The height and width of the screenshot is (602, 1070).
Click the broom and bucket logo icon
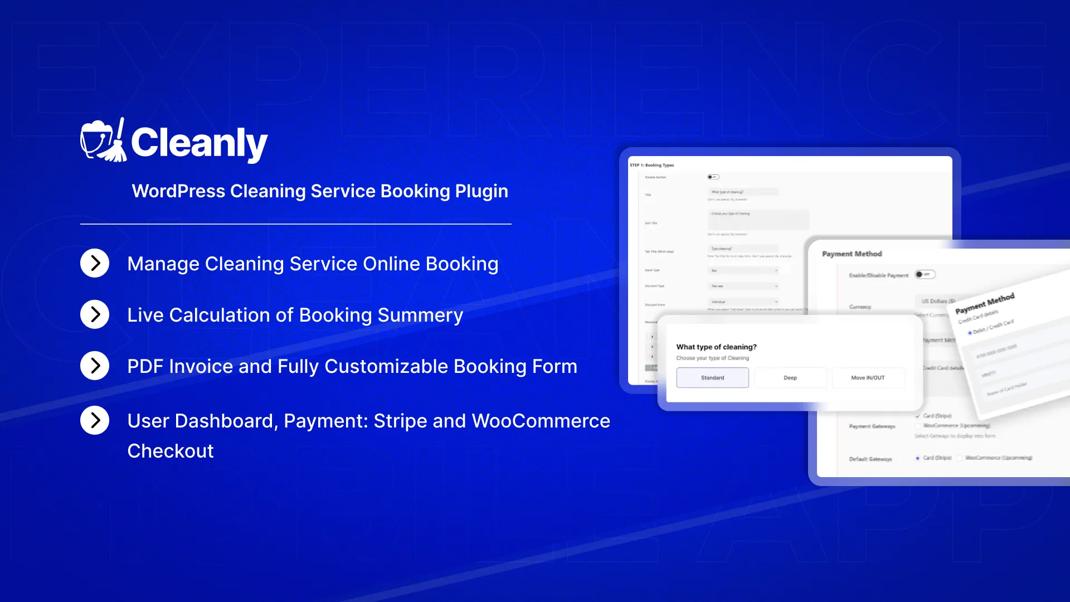tap(103, 141)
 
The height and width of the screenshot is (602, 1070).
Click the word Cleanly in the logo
tap(199, 143)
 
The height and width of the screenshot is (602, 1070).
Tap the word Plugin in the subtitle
tap(481, 191)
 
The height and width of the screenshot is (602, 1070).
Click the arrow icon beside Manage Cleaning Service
tap(95, 263)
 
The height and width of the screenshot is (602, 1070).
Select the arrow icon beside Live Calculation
tap(95, 314)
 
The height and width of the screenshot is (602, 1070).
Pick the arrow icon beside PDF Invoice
tap(95, 366)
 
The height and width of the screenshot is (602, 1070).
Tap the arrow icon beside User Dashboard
tap(95, 420)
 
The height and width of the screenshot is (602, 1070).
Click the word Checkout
tap(170, 451)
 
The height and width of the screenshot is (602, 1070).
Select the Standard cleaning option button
tap(712, 378)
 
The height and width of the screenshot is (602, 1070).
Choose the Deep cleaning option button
tap(790, 378)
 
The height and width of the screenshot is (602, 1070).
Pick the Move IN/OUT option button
tap(868, 378)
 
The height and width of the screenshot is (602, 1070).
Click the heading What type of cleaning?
tap(716, 347)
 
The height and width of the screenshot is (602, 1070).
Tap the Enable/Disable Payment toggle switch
tap(924, 274)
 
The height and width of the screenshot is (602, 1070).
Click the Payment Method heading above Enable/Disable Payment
tap(852, 254)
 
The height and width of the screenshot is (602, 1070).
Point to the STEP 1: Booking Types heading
tap(651, 166)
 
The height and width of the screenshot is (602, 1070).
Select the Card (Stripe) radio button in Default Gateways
tap(917, 458)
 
